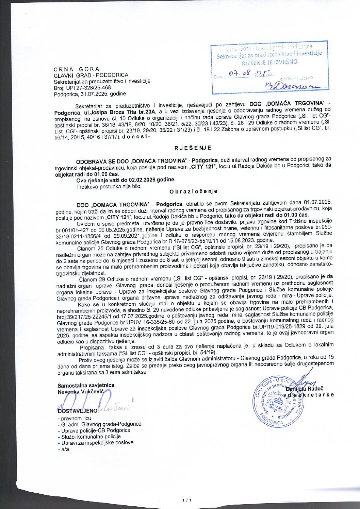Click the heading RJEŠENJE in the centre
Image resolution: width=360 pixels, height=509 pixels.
(193, 148)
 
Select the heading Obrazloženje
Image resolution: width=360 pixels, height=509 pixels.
(193, 191)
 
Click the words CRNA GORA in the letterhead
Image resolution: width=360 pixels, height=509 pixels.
(77, 69)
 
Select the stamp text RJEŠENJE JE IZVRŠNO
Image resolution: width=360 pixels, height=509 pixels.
(269, 62)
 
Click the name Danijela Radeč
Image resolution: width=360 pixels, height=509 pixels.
(305, 388)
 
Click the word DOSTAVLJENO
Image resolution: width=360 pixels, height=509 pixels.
(78, 411)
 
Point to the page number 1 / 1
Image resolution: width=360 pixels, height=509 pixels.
(187, 500)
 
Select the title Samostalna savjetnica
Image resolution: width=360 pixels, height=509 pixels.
(86, 385)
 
